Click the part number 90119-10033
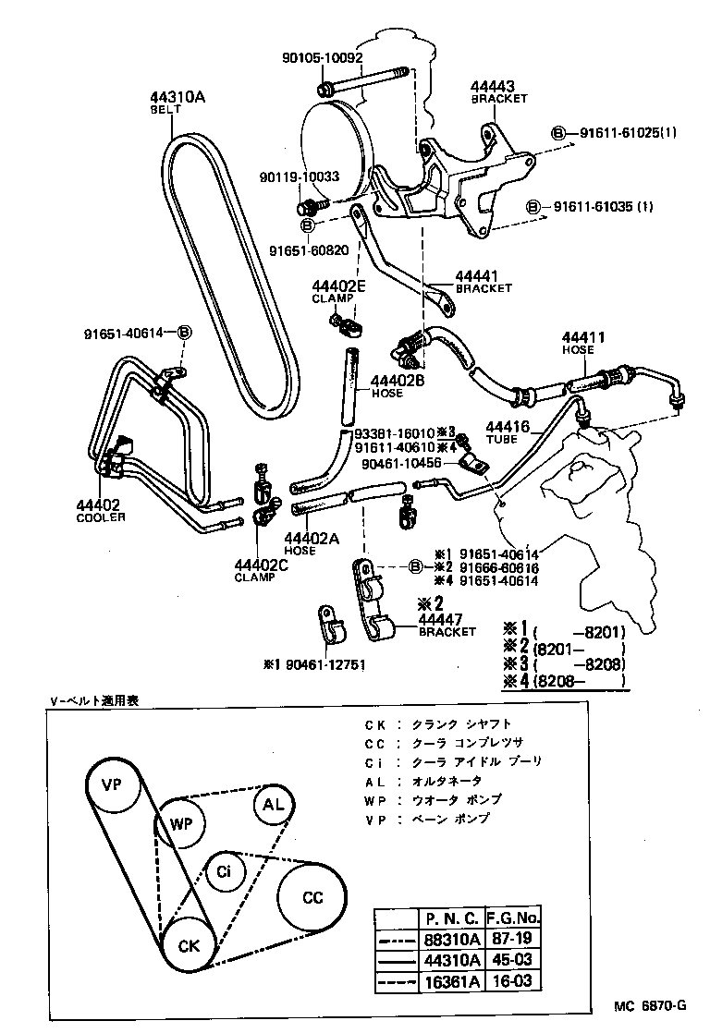pos(299,176)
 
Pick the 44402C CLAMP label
pos(254,570)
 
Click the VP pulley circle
pos(113,785)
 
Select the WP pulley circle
pos(180,821)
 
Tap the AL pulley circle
pos(274,804)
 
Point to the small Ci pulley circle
pos(224,870)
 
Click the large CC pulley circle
pos(312,897)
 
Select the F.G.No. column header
pos(512,918)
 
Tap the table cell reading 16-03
pos(512,980)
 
